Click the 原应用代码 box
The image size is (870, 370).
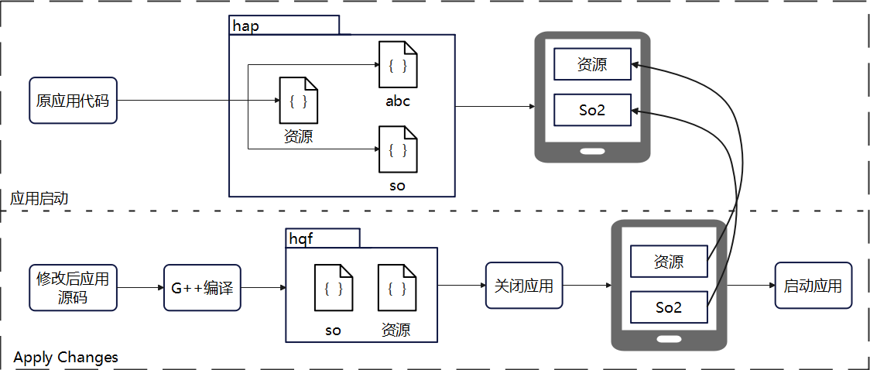point(73,101)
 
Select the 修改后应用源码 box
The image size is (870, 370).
point(73,287)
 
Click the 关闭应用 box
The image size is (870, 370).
point(524,286)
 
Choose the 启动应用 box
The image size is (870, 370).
point(813,286)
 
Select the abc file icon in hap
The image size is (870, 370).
point(398,65)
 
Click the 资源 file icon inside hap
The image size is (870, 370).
point(299,101)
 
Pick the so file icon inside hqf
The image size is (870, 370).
point(334,287)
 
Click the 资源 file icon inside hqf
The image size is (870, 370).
point(397,287)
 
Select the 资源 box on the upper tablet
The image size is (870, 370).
point(592,64)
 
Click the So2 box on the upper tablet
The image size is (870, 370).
point(592,110)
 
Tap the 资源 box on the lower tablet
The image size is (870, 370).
point(669,262)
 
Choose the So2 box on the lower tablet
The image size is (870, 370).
point(669,307)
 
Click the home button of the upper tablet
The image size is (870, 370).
point(592,151)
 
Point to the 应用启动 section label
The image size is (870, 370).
point(39,199)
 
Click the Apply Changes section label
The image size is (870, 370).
point(66,358)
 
